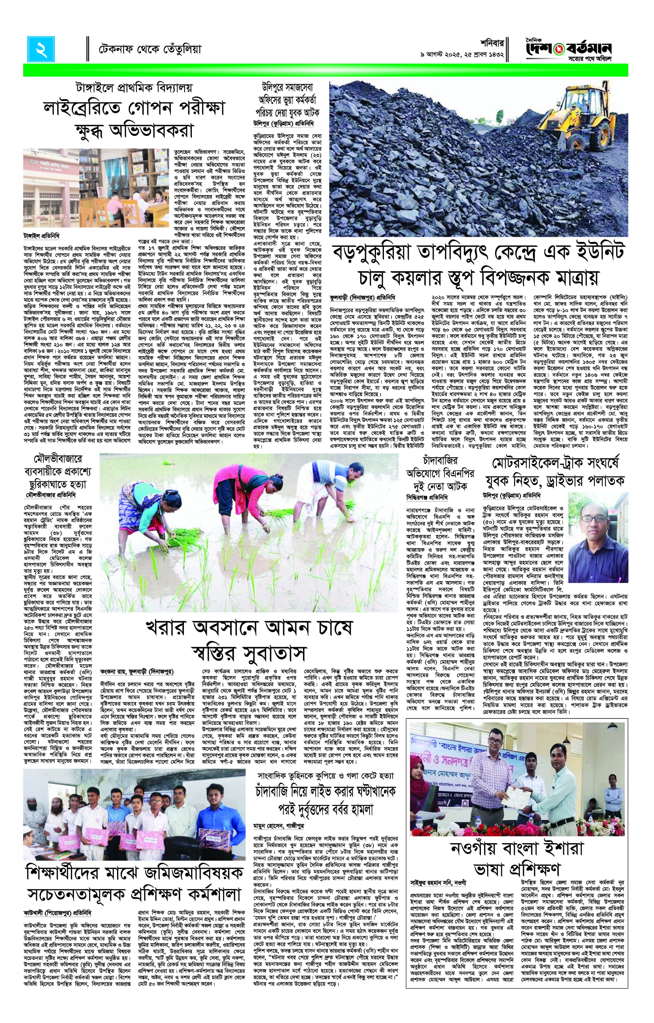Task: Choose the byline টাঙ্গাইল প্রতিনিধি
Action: (41, 236)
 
